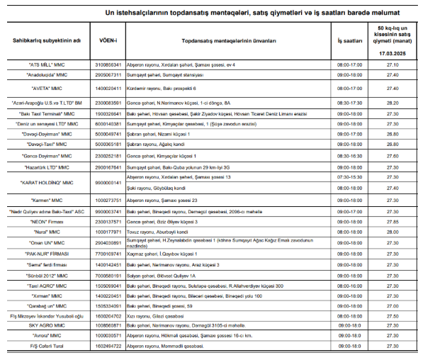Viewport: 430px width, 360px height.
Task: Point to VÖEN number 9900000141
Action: pos(108,182)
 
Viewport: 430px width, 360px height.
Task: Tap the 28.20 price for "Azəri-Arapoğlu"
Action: pos(392,103)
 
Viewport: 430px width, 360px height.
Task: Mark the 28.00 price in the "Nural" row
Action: pos(392,231)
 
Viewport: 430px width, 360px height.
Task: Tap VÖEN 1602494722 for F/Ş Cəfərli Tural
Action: pos(108,346)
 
